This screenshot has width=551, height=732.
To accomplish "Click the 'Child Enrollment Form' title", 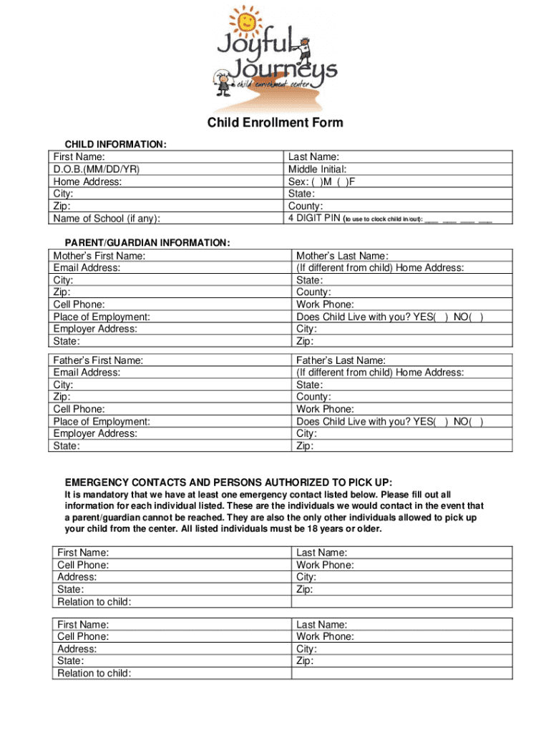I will click(x=275, y=123).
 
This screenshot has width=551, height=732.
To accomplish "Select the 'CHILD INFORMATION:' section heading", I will click(x=116, y=145).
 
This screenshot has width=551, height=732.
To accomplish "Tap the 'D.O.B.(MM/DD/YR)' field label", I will click(x=96, y=169).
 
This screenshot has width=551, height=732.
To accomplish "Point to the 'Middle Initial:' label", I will click(x=317, y=169).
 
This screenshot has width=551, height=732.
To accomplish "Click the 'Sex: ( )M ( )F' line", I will click(x=321, y=182).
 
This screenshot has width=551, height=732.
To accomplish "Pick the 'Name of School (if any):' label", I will click(x=107, y=219).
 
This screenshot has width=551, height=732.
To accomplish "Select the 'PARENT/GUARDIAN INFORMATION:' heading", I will click(x=147, y=243).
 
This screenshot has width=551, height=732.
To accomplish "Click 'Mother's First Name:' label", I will click(x=99, y=256).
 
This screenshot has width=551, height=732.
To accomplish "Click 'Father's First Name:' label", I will click(x=98, y=361).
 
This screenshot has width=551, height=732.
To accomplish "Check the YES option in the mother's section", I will click(x=442, y=317).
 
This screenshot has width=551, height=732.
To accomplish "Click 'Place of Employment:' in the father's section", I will click(x=102, y=422).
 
